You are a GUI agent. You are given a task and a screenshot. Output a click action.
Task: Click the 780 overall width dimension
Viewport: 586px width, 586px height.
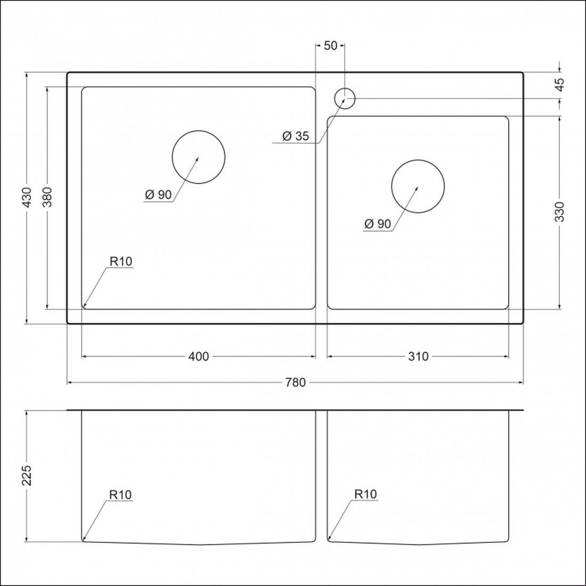[x=295, y=382]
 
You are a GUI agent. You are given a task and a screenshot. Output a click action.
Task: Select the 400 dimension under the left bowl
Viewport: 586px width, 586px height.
[x=199, y=356]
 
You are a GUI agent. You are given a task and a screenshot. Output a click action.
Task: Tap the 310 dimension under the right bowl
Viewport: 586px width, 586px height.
[x=418, y=356]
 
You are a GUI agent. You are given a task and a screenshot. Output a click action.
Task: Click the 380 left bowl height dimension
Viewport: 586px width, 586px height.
[x=47, y=197]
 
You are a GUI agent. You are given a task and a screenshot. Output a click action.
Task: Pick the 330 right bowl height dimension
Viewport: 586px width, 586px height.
[x=559, y=211]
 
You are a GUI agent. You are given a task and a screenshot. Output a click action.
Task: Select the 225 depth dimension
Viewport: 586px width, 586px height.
[x=27, y=475]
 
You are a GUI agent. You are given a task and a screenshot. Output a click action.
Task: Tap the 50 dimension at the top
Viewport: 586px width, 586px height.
[x=330, y=46]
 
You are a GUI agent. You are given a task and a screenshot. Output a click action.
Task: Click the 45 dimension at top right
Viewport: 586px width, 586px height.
[x=559, y=85]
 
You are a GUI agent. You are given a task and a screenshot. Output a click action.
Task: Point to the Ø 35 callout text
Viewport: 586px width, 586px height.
[x=296, y=136]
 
